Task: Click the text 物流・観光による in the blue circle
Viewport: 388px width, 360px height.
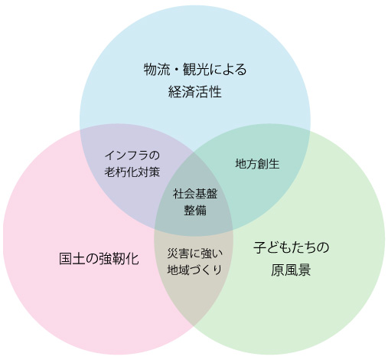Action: pyautogui.click(x=195, y=70)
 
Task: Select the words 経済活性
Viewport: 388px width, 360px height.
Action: pyautogui.click(x=195, y=92)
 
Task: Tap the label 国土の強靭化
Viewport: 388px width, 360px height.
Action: pyautogui.click(x=99, y=259)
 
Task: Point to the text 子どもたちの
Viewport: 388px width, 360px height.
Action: pyautogui.click(x=291, y=247)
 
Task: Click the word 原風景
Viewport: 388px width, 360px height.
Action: pyautogui.click(x=291, y=270)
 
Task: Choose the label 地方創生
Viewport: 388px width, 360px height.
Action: pyautogui.click(x=257, y=164)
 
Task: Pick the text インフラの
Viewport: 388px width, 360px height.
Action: pyautogui.click(x=132, y=155)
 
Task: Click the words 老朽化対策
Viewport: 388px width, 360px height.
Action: pyautogui.click(x=132, y=172)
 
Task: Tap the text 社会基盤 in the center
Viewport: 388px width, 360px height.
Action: pyautogui.click(x=195, y=194)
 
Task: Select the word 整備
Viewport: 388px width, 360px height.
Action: pyautogui.click(x=195, y=211)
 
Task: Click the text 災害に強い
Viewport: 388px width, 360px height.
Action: pyautogui.click(x=195, y=253)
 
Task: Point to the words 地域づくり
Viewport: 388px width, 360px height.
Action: pyautogui.click(x=194, y=270)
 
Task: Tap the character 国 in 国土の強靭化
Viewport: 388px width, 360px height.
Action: pyautogui.click(x=66, y=259)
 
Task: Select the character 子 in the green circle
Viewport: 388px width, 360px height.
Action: pyautogui.click(x=259, y=247)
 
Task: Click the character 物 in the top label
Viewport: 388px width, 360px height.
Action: pyautogui.click(x=150, y=70)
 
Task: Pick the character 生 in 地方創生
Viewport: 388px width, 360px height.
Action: pyautogui.click(x=274, y=164)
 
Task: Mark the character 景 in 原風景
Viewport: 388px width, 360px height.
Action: pyautogui.click(x=305, y=270)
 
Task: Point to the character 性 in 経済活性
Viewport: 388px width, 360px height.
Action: pyautogui.click(x=215, y=92)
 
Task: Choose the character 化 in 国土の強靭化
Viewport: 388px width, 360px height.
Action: pyautogui.click(x=132, y=259)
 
